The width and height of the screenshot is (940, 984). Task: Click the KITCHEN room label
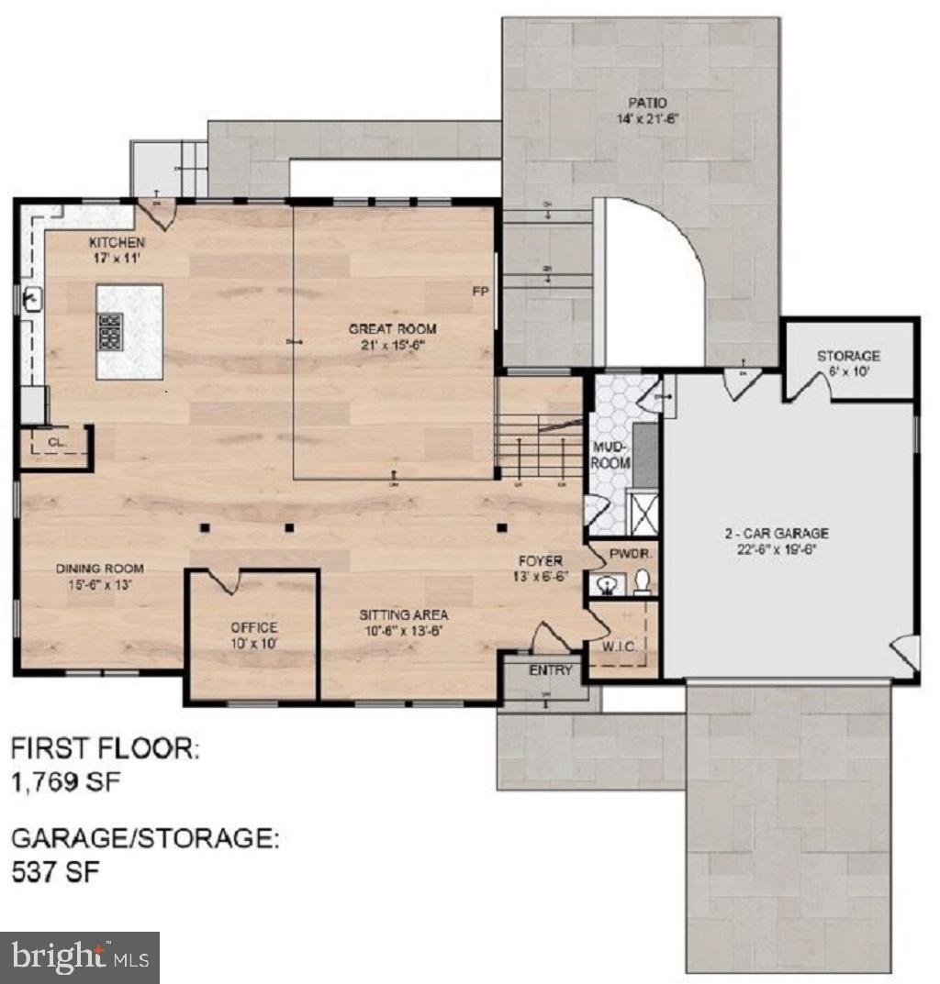[x=117, y=242]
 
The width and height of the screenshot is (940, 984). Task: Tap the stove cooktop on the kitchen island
[x=111, y=330]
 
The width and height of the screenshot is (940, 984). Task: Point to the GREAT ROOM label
[x=392, y=328]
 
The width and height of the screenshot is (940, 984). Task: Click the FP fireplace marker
[x=479, y=292]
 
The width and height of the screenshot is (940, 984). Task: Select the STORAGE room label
[x=848, y=355]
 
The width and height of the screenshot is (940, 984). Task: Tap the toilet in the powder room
[x=643, y=582]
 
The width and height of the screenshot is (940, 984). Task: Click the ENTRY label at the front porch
[x=551, y=670]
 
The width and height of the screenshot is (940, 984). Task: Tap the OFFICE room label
[x=254, y=627]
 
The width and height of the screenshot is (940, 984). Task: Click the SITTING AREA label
[x=404, y=614]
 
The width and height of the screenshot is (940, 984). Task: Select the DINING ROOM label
[x=100, y=569]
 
